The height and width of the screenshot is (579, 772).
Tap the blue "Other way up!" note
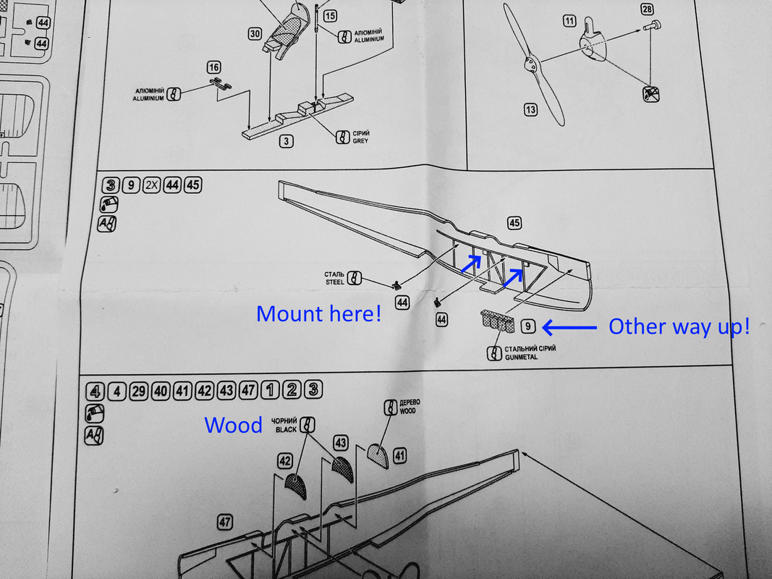(679, 326)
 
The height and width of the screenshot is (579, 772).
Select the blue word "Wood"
(233, 425)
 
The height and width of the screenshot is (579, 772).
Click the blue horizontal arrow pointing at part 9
(569, 328)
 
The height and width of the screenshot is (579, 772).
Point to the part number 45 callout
(514, 223)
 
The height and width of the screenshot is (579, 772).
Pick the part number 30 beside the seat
(255, 34)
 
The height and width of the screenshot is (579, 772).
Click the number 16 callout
(213, 67)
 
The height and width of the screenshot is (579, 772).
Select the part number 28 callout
(647, 9)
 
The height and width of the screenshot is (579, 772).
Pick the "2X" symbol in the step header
(152, 185)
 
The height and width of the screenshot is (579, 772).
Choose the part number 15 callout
(330, 15)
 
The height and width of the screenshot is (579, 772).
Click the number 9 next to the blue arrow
(529, 326)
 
